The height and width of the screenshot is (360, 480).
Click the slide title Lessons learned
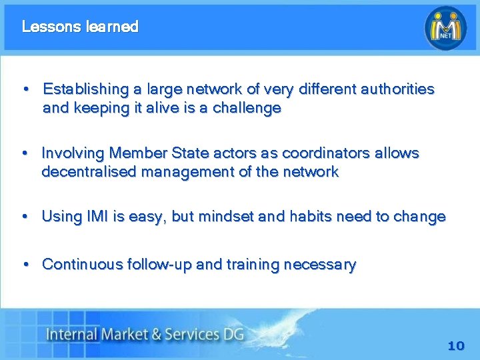80,27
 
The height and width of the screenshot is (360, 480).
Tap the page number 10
456,346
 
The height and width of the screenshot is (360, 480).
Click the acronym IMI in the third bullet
95,217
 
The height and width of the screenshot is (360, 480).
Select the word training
253,265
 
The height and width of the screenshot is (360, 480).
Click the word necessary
320,265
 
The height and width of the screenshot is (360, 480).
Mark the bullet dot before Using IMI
25,217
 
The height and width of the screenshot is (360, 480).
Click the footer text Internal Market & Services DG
144,333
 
